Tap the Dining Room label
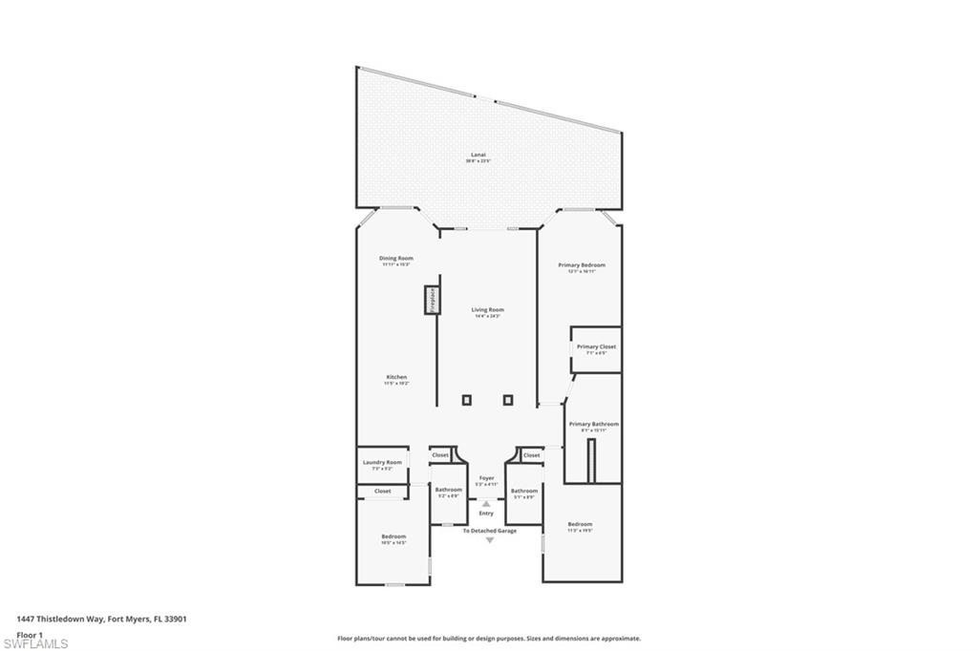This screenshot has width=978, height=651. (x=396, y=258)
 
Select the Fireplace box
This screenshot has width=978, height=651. (x=432, y=300)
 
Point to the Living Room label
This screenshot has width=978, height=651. (x=487, y=310)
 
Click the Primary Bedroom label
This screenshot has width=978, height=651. (x=582, y=265)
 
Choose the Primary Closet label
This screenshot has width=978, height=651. (x=596, y=347)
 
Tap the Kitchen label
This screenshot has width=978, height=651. (x=396, y=377)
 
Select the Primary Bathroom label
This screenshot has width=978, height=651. (x=593, y=424)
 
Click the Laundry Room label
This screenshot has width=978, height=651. (x=382, y=462)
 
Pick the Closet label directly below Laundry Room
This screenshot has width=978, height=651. (x=382, y=491)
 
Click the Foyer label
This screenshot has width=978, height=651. (x=487, y=477)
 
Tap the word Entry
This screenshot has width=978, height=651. (x=486, y=514)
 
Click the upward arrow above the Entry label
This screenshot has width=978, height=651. (x=486, y=503)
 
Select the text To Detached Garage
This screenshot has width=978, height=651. (x=490, y=531)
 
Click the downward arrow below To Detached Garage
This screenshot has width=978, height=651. (x=490, y=541)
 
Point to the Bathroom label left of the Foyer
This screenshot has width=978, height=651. (x=448, y=491)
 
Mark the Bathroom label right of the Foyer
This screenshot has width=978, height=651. (x=524, y=491)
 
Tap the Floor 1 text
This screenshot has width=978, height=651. (x=30, y=634)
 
